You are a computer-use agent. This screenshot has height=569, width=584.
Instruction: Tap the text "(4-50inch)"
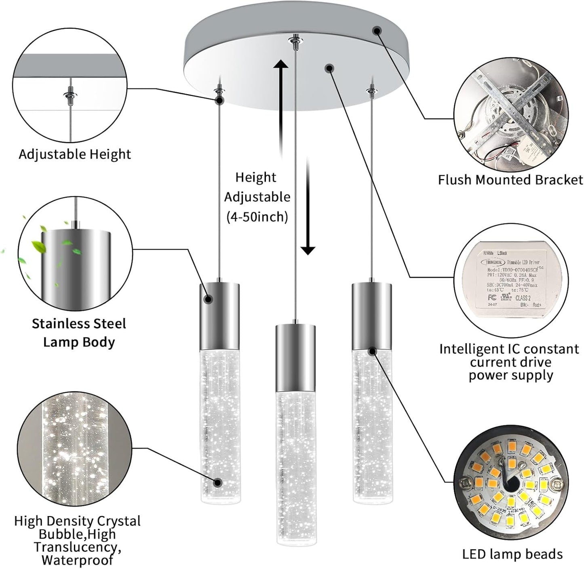point(257,217)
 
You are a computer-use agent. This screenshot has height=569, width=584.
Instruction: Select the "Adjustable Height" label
point(75,154)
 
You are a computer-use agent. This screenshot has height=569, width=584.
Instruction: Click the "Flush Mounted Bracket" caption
point(510,180)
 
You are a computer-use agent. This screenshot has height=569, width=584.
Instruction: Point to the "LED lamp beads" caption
point(512,554)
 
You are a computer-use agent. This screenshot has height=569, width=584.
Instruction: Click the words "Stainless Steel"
point(79,324)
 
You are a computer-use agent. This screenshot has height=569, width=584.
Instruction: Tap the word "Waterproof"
point(77,560)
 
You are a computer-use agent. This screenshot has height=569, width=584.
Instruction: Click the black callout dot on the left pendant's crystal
point(218,482)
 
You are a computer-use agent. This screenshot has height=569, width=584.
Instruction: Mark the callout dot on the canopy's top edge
point(377,30)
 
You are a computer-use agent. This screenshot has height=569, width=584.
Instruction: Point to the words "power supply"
point(510,375)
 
